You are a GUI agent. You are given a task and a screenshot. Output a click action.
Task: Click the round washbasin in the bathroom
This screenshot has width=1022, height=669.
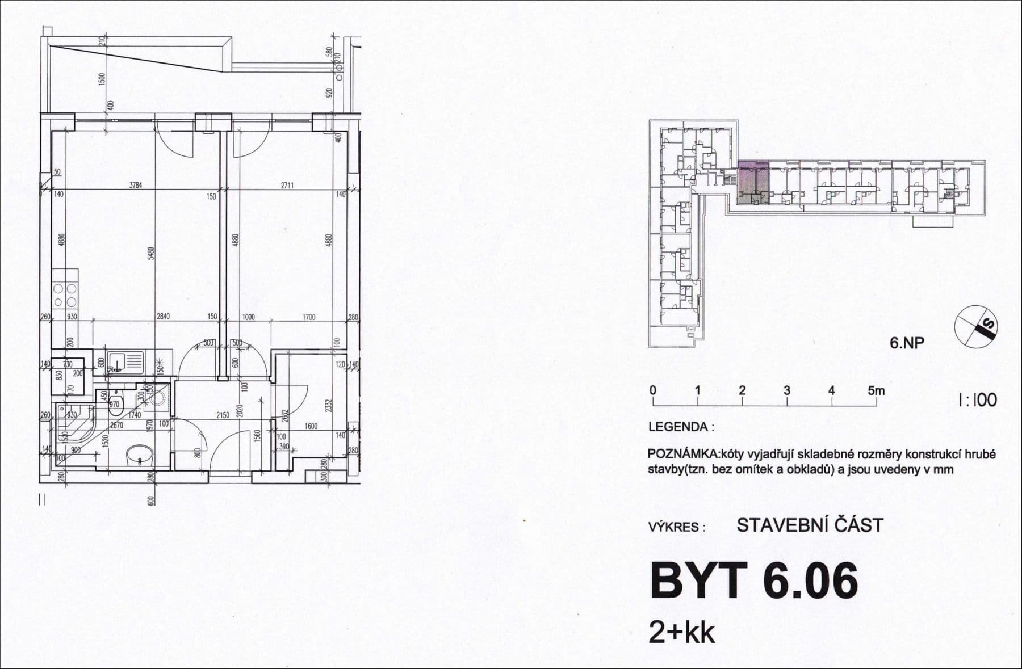140,455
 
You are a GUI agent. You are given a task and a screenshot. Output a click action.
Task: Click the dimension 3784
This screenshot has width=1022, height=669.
135,184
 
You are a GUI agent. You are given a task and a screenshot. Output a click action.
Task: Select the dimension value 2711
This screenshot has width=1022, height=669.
287,184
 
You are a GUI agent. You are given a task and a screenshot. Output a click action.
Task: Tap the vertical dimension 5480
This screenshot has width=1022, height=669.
150,253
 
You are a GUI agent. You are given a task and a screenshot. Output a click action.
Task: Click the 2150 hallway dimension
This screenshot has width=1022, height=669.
223,415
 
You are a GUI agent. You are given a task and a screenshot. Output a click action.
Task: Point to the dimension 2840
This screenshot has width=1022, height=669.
164,317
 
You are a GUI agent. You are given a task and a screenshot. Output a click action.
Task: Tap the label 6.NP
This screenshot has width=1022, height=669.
907,343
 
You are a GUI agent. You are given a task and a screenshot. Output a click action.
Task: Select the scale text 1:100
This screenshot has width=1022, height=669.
977,399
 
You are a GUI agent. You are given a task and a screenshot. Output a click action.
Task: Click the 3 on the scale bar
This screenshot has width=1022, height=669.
787,390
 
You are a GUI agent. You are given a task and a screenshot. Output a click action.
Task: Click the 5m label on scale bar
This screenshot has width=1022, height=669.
876,390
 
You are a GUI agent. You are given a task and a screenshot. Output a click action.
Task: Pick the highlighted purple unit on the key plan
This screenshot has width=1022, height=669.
753,182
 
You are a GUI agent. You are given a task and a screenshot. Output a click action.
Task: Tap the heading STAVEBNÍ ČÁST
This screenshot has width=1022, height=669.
810,525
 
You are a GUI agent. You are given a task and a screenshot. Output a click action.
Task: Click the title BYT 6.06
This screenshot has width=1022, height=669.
753,581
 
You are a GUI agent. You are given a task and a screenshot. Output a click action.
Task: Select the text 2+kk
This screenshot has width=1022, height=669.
681,633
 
